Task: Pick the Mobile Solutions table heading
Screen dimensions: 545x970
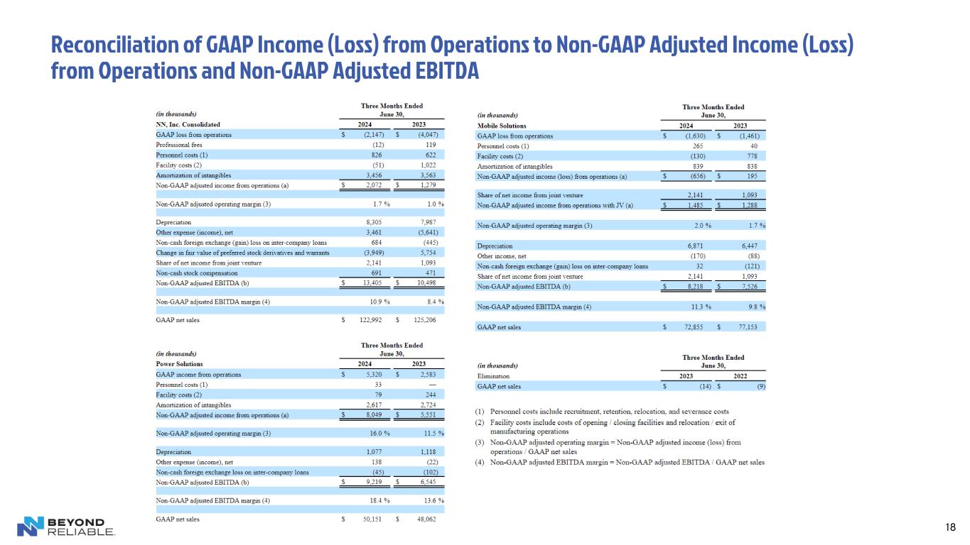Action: (x=501, y=125)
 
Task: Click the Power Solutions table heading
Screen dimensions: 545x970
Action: (x=179, y=364)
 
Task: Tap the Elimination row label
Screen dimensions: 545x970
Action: (x=493, y=376)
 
